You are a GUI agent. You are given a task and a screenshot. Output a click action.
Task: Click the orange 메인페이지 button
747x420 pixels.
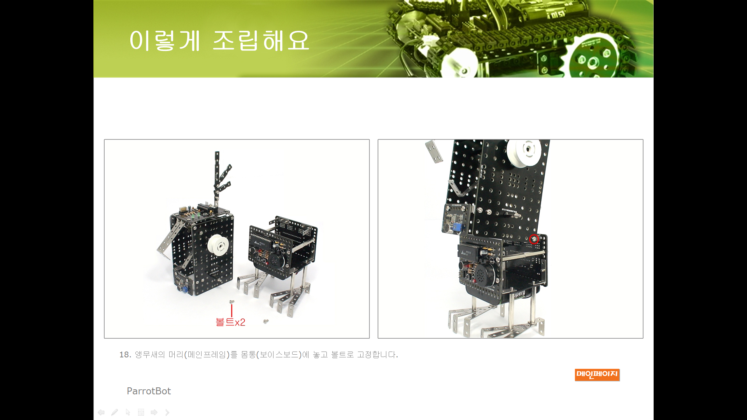[x=597, y=374]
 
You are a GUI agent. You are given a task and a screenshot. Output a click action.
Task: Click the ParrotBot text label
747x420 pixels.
[x=149, y=391]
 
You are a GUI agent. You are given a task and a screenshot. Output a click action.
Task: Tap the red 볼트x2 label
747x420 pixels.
[x=230, y=322]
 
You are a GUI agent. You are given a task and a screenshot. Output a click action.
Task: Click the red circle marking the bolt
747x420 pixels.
[x=534, y=239]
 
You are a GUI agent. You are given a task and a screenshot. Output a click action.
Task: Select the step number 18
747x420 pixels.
[x=125, y=355]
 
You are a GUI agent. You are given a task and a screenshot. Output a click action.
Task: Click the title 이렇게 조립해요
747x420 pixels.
[x=219, y=40]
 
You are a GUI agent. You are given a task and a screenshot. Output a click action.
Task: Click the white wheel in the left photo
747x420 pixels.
[x=218, y=245]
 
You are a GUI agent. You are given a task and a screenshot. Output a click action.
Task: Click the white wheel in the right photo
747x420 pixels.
[x=524, y=152]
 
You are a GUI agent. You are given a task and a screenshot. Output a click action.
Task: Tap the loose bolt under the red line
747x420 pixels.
[x=232, y=301]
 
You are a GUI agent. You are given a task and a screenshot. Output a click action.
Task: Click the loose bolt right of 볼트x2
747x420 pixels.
[x=266, y=321]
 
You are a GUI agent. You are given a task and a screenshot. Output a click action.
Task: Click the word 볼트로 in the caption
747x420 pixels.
[x=342, y=355]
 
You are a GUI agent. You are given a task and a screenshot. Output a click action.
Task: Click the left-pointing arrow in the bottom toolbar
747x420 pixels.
[x=101, y=412]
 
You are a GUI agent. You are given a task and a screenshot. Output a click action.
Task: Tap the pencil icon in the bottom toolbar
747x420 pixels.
[x=114, y=412]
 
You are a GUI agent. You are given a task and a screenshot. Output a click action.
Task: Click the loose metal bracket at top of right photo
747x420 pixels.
[x=434, y=151]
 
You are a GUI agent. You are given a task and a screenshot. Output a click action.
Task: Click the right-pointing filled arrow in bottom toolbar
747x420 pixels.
[x=154, y=412]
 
